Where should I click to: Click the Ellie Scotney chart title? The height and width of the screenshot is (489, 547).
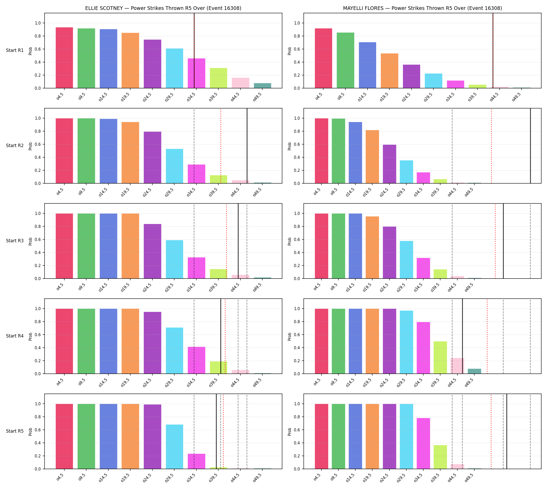(163, 8)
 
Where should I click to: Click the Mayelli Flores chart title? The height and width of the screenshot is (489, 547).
(422, 8)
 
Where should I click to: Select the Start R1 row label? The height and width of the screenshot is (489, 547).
(15, 50)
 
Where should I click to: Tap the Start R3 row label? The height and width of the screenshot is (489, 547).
(15, 241)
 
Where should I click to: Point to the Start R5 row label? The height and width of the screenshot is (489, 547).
(15, 431)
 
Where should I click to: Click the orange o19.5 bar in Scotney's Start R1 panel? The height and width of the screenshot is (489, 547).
(130, 61)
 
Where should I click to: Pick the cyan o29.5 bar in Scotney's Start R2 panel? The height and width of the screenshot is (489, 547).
(175, 166)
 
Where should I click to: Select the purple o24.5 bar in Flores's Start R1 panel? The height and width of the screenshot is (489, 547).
(411, 76)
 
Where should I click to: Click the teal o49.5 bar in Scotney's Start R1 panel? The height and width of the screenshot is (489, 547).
(262, 86)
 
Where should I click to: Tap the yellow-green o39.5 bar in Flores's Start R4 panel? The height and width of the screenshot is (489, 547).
(440, 357)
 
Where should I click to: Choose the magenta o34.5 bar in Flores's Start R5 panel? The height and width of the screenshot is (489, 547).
(423, 443)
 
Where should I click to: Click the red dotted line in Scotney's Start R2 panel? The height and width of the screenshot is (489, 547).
(221, 146)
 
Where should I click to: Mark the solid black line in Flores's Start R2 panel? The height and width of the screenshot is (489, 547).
(530, 146)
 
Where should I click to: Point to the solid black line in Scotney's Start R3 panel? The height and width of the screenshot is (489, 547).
(238, 241)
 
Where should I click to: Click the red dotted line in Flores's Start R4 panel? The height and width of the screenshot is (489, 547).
(487, 336)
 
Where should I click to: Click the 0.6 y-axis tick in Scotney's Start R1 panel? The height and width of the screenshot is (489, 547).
(38, 49)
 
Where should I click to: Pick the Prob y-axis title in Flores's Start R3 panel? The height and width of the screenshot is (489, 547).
(289, 241)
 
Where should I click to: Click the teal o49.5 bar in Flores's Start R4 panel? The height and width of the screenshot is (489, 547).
(474, 371)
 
